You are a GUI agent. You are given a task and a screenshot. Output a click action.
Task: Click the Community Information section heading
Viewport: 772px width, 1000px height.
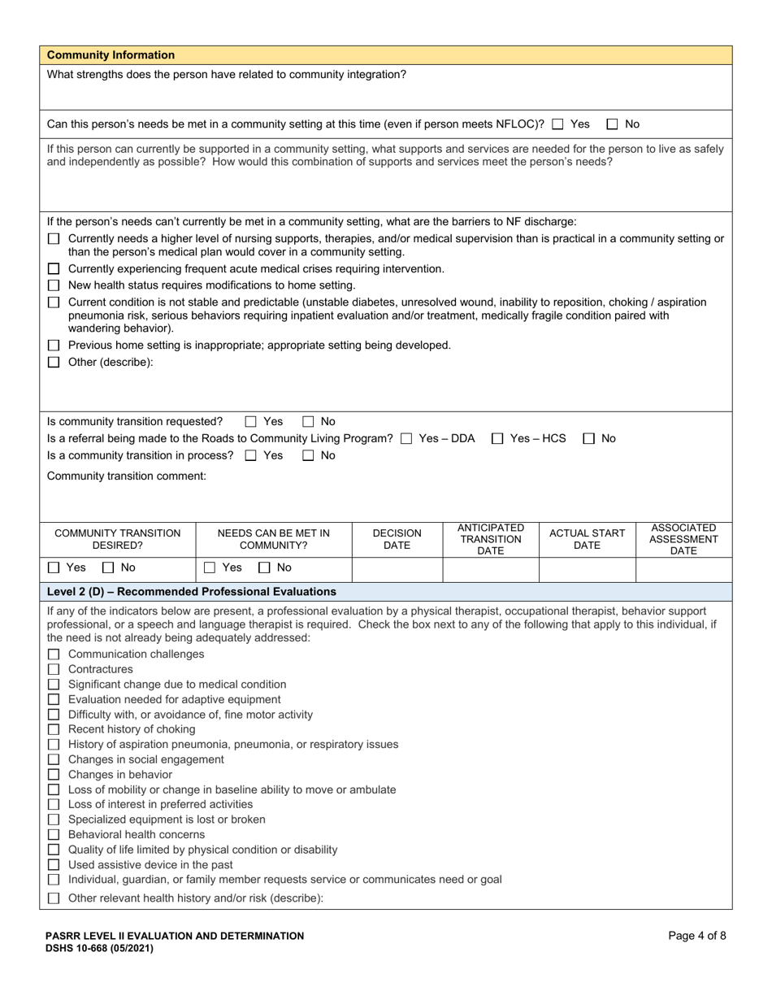111,55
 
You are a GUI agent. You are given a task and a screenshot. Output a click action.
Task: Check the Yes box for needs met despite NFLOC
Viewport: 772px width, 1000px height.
557,124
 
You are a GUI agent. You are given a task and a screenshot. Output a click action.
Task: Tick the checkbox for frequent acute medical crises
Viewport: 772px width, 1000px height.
54,269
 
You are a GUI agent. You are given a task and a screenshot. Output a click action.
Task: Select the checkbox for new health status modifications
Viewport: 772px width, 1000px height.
54,285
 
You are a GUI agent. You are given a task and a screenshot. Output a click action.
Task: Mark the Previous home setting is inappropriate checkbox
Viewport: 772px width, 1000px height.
54,346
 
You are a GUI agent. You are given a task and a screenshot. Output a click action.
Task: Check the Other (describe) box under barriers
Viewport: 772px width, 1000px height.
54,363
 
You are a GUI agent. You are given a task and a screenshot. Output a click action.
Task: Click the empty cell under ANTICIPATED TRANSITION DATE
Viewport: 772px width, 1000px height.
490,569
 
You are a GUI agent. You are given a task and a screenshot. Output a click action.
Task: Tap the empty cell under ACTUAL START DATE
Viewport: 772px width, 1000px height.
587,569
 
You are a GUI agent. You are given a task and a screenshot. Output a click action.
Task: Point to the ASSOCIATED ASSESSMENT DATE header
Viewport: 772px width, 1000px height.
683,539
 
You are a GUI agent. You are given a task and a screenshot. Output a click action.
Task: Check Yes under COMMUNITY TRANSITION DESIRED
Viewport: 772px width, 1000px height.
54,569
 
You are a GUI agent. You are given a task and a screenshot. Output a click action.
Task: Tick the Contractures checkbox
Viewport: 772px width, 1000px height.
54,670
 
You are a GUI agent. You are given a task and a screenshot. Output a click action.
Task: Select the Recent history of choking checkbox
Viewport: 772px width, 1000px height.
54,729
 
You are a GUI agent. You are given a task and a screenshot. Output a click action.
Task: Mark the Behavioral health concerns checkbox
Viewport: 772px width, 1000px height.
54,835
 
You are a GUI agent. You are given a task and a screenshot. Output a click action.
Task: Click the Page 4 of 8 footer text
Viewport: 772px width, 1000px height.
696,936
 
